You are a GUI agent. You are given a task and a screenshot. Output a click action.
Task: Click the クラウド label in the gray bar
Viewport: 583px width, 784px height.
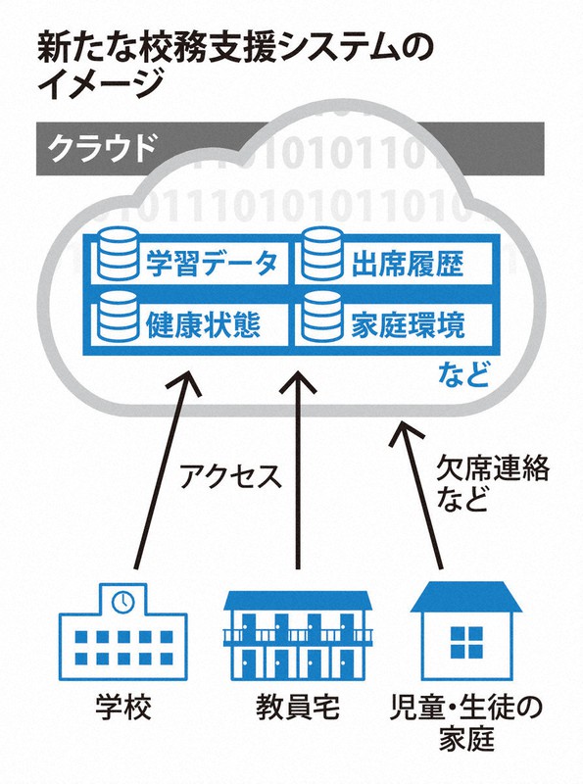point(101,148)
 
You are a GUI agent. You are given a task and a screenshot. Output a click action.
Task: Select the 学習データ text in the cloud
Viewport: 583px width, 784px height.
point(212,263)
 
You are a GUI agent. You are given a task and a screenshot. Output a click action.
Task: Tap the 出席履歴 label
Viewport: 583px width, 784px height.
point(408,263)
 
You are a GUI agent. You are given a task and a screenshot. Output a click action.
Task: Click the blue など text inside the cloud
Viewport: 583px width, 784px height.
point(463,374)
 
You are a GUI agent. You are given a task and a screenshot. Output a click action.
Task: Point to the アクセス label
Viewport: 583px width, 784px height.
point(231,476)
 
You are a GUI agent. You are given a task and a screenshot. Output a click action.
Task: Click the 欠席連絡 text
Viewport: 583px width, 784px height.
point(493,468)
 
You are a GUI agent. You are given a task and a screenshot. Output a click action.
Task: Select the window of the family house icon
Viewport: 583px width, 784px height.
point(466,643)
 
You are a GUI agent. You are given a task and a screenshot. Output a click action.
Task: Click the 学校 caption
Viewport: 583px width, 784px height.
point(123,707)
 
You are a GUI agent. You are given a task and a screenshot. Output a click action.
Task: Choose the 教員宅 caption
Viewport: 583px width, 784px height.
point(298,707)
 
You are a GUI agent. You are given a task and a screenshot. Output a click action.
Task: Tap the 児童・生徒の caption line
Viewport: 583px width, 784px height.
point(466,707)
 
